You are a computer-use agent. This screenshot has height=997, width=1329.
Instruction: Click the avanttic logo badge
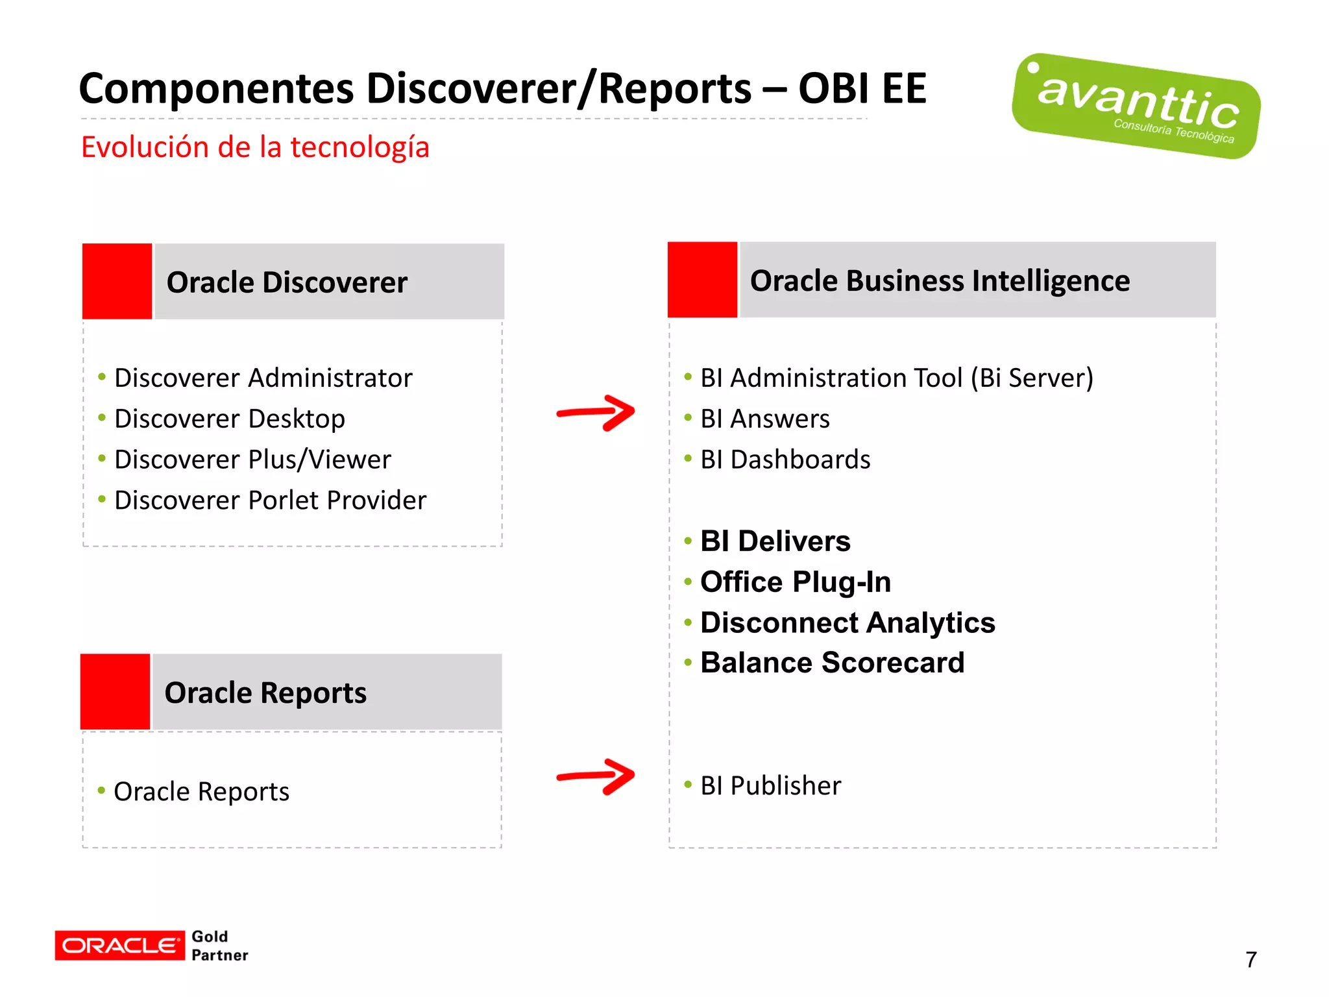point(1136,106)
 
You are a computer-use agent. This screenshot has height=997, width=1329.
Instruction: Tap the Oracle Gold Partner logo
point(151,945)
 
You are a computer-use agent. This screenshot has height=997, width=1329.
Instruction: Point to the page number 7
point(1250,959)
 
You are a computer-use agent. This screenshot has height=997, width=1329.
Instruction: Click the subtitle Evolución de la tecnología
point(255,147)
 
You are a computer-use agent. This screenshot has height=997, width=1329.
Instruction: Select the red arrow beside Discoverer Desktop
point(596,413)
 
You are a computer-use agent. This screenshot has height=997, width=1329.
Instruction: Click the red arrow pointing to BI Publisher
point(596,776)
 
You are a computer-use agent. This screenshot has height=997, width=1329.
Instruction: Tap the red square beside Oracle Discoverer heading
point(117,281)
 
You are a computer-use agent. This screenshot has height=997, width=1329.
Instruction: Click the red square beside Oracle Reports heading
point(116,692)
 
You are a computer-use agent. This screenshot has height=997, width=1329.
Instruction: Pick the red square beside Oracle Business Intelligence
point(702,280)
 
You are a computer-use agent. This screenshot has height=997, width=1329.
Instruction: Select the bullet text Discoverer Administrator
point(263,378)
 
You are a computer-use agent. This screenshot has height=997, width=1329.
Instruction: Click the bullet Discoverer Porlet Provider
point(270,500)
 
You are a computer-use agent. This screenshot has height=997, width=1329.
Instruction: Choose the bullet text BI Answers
point(764,419)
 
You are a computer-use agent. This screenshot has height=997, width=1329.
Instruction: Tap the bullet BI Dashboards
point(785,460)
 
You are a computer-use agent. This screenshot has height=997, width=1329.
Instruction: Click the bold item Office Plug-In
point(795,582)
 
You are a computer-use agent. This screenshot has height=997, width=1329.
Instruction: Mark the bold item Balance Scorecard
point(832,663)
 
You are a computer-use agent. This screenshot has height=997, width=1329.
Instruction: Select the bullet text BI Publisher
point(770,785)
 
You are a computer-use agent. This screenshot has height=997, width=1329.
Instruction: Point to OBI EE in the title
point(862,89)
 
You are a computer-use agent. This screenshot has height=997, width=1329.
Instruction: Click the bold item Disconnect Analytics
point(847,622)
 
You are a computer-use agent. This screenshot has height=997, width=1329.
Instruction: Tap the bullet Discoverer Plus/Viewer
point(252,460)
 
